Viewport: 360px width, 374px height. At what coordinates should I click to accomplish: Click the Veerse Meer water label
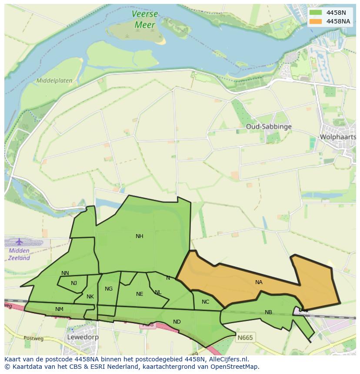coord(145,20)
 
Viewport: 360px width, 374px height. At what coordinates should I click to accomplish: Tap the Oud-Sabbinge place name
coord(268,126)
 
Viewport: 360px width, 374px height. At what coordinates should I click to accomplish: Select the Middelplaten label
coord(54,81)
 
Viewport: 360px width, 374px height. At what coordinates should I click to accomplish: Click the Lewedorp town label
coord(83,337)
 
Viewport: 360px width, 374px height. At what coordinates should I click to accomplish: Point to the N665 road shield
coord(245,337)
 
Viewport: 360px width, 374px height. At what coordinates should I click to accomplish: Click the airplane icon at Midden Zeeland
coord(19,242)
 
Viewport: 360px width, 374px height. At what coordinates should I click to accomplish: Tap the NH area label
coord(139,236)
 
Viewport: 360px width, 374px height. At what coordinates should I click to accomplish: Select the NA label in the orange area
coord(259,282)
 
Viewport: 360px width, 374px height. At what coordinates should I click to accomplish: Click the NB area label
coord(268,312)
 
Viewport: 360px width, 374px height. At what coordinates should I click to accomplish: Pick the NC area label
coord(206,302)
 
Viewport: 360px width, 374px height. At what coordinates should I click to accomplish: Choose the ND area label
coord(177,322)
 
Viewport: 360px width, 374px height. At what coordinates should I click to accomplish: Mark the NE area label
coord(139,294)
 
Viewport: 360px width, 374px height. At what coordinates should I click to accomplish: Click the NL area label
coord(158,292)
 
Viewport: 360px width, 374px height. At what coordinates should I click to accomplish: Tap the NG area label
coord(109,289)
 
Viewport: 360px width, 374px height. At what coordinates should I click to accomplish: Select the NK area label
coord(90,297)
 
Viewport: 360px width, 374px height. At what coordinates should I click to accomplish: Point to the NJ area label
coord(74,283)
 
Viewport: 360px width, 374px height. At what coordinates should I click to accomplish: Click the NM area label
coord(59,309)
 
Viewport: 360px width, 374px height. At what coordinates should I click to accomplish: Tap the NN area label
coord(65,273)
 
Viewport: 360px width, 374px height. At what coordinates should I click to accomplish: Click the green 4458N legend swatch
coord(316,13)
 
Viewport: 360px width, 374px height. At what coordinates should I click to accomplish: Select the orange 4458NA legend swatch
coord(316,21)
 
